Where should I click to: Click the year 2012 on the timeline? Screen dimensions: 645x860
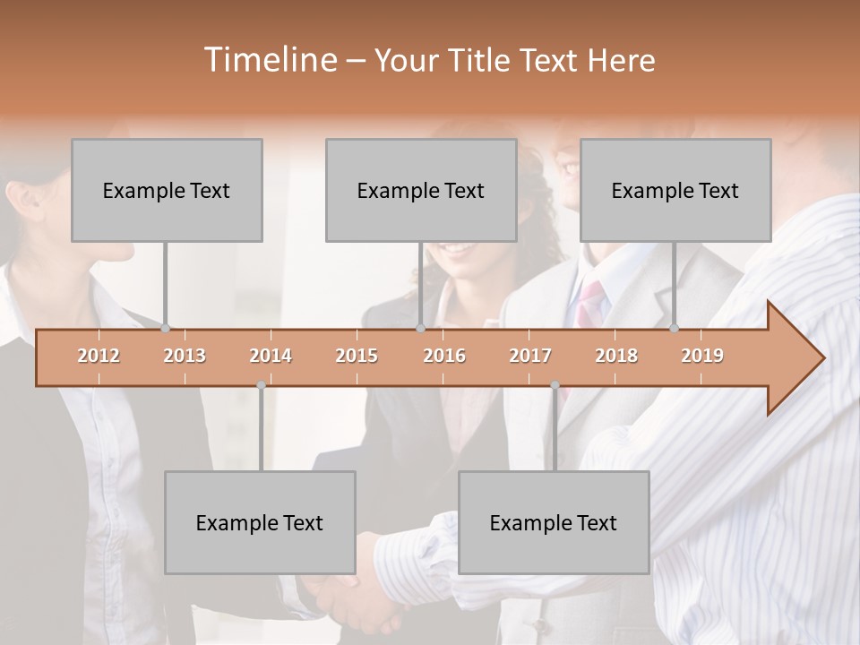coord(99,356)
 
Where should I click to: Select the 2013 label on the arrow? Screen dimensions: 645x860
coord(185,356)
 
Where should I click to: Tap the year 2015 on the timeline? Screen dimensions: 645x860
coord(357,356)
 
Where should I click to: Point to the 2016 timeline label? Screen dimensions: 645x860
coord(444,356)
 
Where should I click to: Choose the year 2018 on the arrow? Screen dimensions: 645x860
coord(616,356)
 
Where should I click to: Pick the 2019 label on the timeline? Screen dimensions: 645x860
coord(702,356)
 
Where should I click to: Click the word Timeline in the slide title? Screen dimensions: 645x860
coord(268,60)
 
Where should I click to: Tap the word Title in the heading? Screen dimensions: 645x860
coord(482,60)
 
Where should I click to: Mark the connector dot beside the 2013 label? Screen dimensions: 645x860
coord(166,328)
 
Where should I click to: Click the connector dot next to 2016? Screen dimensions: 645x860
coord(420,328)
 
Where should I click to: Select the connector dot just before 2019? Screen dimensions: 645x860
coord(675,328)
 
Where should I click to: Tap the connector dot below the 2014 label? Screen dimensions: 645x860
coord(261,385)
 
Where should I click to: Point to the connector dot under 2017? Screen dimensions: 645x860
coord(555,385)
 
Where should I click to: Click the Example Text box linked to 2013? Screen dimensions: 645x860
coord(167,190)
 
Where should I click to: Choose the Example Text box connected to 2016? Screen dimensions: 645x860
coord(421,190)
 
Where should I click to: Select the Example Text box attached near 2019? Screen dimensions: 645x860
coord(675,190)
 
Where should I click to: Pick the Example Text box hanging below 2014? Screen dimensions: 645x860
coord(260,522)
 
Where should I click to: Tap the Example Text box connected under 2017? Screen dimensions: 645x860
coord(554,522)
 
